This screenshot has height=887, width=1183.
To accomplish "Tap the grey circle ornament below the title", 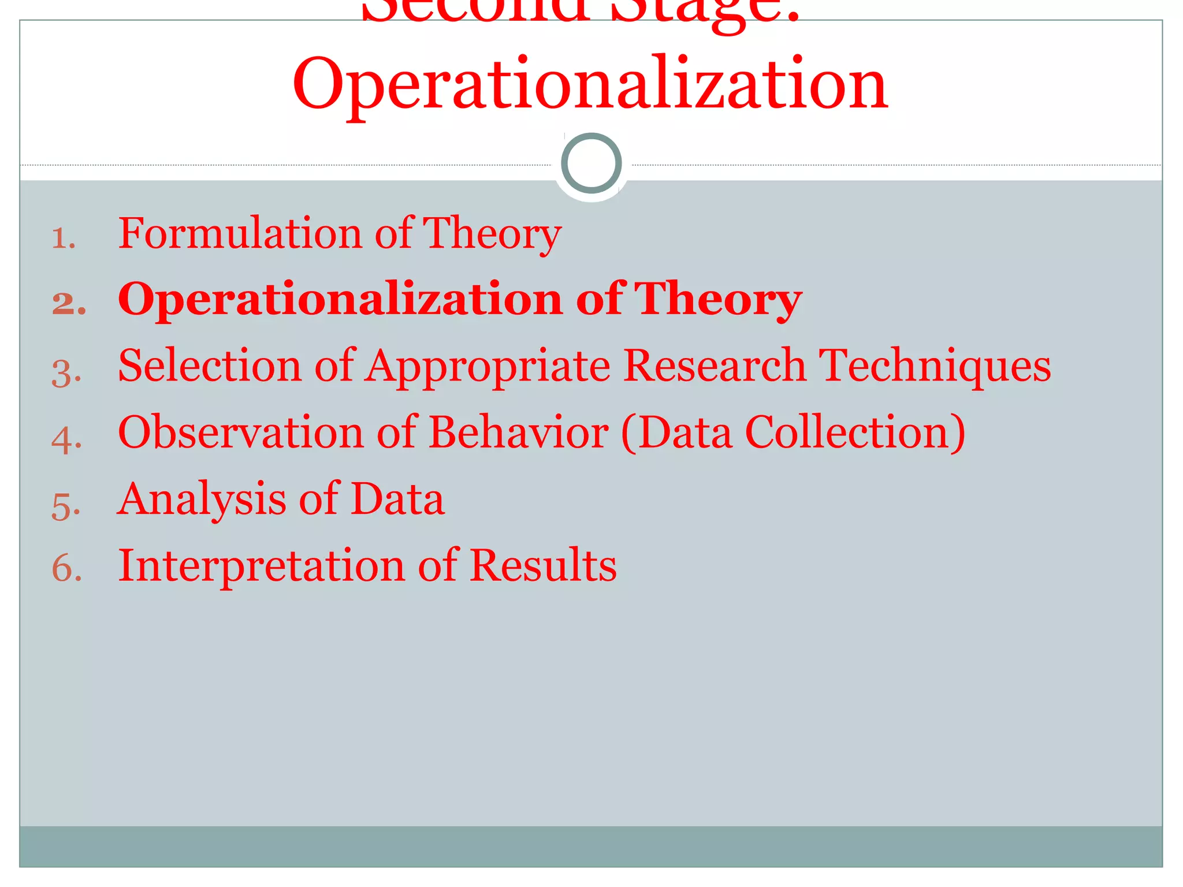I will click(591, 163).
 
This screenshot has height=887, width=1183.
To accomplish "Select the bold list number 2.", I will click(69, 304).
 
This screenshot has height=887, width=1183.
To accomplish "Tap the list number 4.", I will click(66, 439).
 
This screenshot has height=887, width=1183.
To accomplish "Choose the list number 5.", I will click(66, 506).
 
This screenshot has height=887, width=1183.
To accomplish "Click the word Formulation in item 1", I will click(240, 233).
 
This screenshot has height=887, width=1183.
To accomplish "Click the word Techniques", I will click(935, 367).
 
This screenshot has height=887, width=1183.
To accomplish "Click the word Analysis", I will click(202, 499).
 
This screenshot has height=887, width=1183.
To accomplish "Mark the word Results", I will click(543, 565).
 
